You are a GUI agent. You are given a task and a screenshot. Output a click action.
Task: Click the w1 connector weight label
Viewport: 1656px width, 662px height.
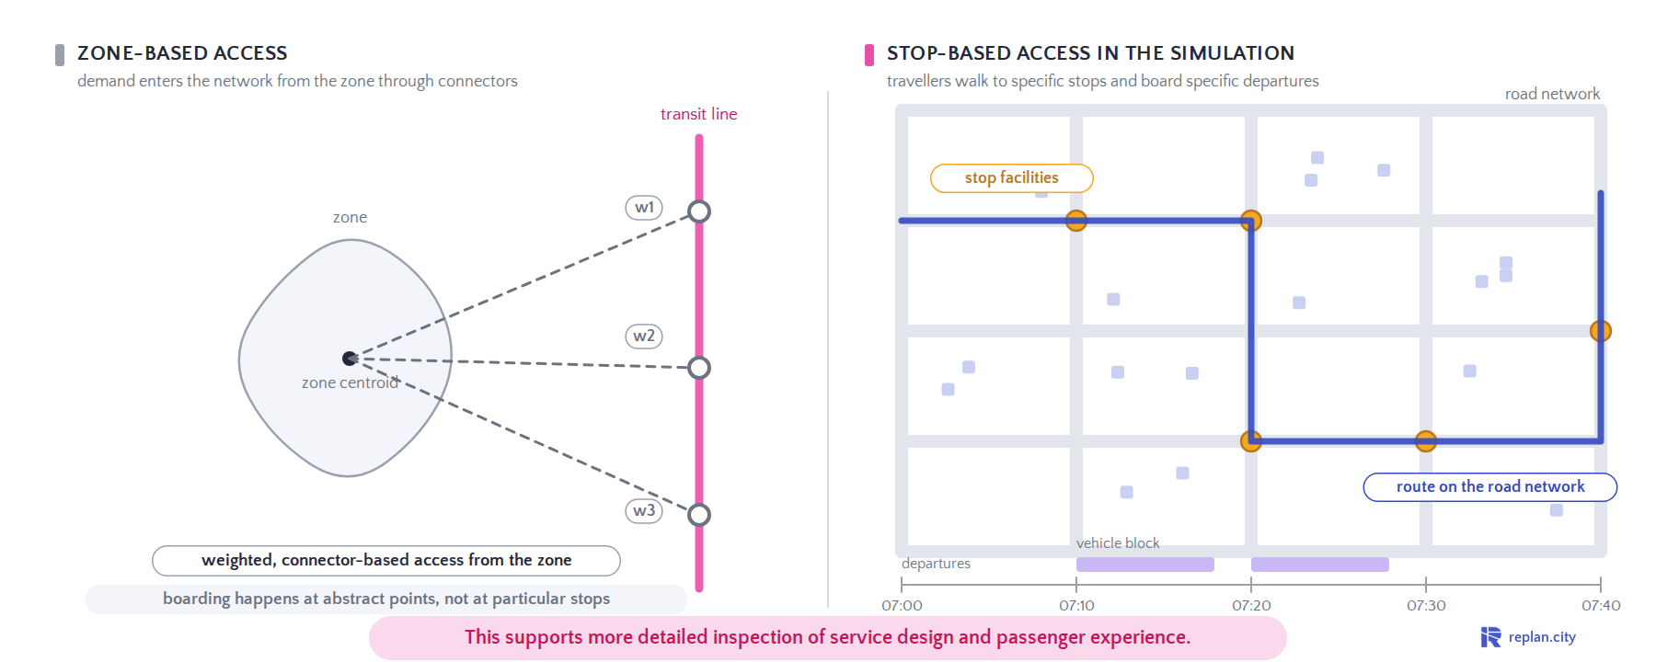[644, 208]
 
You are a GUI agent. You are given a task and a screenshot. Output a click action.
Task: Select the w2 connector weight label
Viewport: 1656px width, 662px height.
[644, 337]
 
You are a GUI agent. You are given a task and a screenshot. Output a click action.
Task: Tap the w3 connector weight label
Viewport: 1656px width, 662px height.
[644, 511]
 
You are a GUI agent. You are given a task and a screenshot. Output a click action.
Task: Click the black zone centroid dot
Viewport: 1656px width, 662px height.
[350, 359]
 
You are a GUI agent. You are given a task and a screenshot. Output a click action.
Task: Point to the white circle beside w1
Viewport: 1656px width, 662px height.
[699, 211]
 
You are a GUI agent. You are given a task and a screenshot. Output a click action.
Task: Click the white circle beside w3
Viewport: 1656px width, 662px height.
[699, 515]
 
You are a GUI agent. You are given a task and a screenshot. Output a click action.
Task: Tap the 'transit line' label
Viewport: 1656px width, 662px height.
[698, 114]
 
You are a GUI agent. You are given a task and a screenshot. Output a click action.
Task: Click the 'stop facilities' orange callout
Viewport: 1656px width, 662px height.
[1012, 178]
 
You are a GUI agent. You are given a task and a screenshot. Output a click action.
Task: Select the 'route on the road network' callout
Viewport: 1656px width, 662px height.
[1490, 487]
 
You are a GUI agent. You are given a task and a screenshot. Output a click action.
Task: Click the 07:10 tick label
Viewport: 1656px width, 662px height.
[1076, 606]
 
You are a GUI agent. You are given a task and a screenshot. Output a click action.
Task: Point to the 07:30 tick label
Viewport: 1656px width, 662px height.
[1426, 606]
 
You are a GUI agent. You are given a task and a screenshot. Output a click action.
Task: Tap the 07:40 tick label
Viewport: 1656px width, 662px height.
[1601, 606]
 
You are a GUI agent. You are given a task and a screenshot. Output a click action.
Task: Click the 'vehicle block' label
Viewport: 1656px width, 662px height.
[1118, 543]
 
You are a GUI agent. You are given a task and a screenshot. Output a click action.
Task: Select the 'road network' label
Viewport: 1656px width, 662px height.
[1552, 94]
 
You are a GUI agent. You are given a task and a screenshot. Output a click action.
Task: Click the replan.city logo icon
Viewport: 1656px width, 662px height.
[1490, 637]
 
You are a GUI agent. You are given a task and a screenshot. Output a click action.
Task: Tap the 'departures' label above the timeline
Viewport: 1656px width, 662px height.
[936, 564]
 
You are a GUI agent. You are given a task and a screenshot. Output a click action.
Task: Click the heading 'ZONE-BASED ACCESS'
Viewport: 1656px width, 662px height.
[182, 53]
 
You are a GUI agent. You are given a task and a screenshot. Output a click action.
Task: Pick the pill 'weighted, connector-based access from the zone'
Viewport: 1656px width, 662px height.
[386, 561]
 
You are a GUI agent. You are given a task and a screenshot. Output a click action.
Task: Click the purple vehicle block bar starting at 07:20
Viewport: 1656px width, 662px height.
[1320, 565]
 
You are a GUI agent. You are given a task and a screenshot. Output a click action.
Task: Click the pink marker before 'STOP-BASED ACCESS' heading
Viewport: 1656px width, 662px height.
[869, 55]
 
